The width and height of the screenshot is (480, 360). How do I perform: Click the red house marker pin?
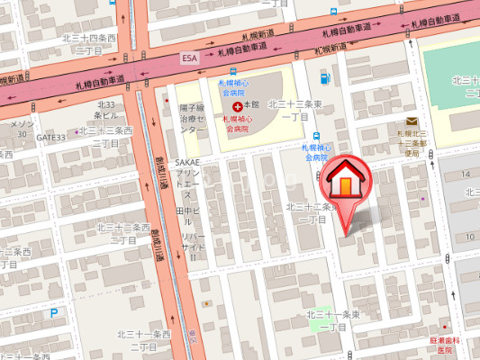[x=346, y=184]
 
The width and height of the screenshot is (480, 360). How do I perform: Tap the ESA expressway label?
[x=188, y=58]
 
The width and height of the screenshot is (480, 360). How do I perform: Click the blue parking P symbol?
[x=54, y=313]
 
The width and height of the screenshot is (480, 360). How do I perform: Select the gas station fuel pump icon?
[x=325, y=78]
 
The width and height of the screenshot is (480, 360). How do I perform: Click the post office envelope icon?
[x=412, y=122]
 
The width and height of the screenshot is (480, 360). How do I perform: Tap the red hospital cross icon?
[x=237, y=105]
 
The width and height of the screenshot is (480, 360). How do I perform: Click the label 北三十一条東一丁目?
[x=332, y=319]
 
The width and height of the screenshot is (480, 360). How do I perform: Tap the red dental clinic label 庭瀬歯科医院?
[x=445, y=345]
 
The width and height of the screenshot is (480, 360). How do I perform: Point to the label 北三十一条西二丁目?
[x=144, y=339]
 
